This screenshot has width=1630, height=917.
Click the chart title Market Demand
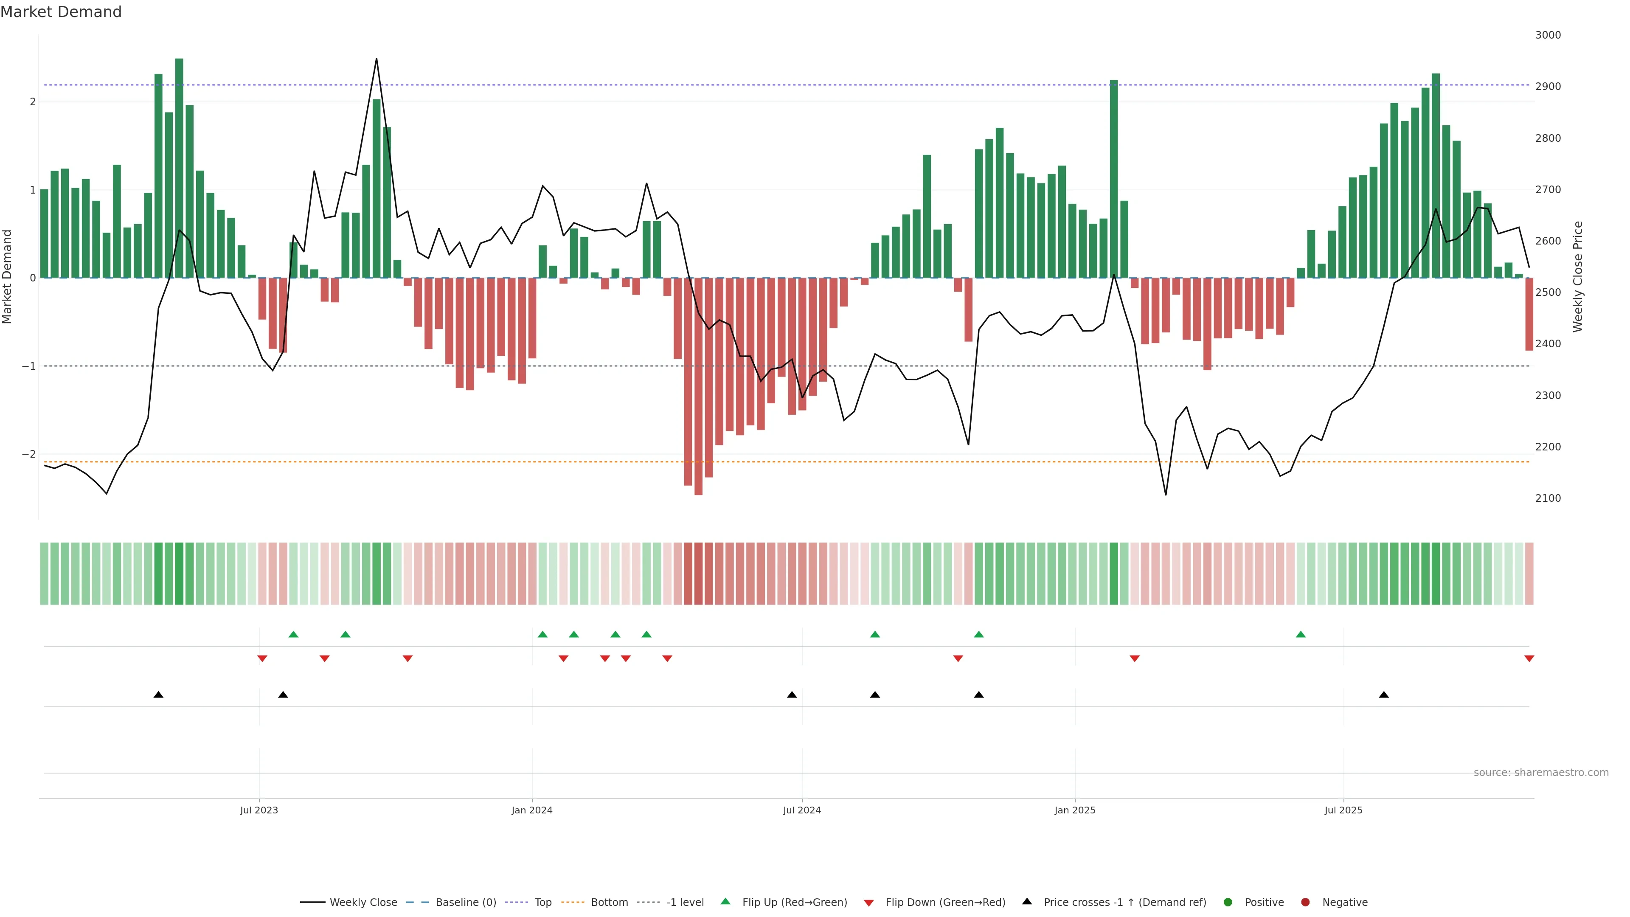coord(61,12)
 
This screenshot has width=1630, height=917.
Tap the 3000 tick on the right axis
coord(1547,35)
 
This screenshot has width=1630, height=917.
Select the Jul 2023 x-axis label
coord(259,810)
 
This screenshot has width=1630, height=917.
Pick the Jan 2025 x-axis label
coord(1074,810)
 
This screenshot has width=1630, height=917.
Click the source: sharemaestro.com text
coord(1541,773)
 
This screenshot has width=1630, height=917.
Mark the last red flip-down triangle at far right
coord(1529,659)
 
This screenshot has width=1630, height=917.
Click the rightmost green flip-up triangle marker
coord(1300,634)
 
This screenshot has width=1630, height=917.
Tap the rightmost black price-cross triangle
coord(1384,695)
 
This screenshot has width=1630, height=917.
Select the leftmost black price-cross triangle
coord(158,695)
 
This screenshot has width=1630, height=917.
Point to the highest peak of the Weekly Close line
coord(377,59)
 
